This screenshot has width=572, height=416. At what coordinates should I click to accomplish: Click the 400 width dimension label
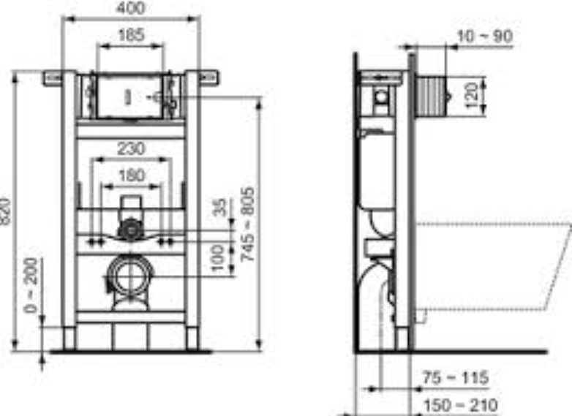pos(130,7)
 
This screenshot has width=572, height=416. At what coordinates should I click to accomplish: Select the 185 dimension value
pos(131,35)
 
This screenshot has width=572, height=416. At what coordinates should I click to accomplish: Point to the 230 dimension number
pos(131,148)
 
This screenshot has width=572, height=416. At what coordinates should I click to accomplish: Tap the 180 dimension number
pos(132,175)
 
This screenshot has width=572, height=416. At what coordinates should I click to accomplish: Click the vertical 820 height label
pos(4,211)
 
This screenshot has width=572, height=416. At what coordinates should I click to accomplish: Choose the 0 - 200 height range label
pos(31,285)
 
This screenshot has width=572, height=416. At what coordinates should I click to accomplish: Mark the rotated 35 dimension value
pos(219,207)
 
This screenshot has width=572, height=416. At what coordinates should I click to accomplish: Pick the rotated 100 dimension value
pos(218,258)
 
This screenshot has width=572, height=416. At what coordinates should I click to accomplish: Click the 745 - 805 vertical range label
pos(247,224)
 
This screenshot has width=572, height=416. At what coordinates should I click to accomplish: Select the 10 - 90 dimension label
pos(485,37)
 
